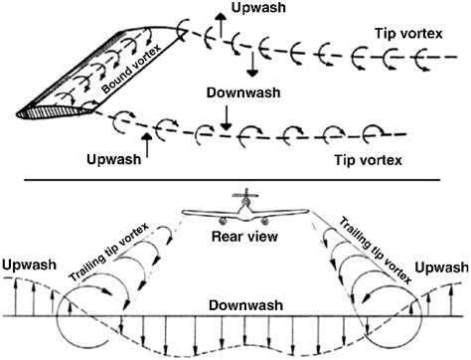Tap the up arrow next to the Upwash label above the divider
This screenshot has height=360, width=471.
click(x=146, y=145)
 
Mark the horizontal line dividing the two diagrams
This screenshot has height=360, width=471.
click(x=235, y=179)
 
